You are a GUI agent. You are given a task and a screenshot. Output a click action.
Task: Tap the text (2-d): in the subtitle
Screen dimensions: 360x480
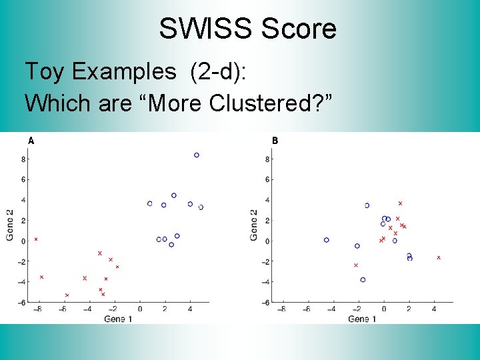[217, 71]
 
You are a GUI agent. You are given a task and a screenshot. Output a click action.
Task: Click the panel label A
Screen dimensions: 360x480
[31, 141]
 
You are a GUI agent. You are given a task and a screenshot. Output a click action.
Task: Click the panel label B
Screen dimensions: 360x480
[275, 141]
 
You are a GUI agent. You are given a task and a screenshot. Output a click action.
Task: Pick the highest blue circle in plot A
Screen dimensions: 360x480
[197, 155]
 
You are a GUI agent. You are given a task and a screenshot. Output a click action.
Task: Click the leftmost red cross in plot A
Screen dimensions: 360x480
[36, 239]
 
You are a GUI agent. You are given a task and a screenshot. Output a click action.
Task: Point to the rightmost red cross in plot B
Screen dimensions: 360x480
[439, 257]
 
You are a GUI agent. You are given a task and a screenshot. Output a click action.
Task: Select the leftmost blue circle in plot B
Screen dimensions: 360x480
[327, 240]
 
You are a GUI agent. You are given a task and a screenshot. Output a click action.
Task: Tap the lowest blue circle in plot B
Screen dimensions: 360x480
[363, 280]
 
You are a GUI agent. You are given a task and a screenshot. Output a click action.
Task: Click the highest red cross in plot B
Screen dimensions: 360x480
[400, 203]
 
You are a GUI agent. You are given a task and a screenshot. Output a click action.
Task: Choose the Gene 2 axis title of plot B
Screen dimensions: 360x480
[254, 225]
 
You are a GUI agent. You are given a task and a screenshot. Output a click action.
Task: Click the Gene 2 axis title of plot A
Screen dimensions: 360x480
[9, 225]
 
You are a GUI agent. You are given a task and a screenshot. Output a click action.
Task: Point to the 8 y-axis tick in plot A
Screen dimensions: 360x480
[23, 159]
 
